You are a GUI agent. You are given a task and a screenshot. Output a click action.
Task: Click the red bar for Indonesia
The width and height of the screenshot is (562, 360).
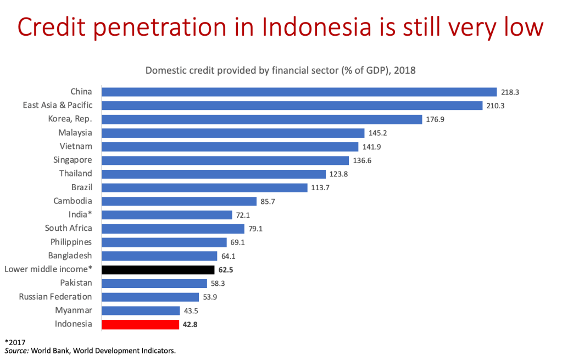click(x=141, y=324)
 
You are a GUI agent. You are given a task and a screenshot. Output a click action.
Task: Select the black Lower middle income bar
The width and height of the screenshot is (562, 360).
click(x=158, y=270)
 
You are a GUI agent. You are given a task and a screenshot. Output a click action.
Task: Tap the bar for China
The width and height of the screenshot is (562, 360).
click(x=299, y=92)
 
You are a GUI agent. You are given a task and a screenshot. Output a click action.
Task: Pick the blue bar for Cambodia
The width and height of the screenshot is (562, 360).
click(x=180, y=201)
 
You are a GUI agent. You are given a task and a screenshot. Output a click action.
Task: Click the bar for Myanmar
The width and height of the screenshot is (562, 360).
click(x=141, y=311)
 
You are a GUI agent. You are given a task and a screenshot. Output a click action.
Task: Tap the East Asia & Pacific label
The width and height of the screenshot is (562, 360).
click(x=58, y=104)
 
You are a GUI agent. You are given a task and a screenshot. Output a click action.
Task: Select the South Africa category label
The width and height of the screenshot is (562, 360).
click(x=69, y=228)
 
